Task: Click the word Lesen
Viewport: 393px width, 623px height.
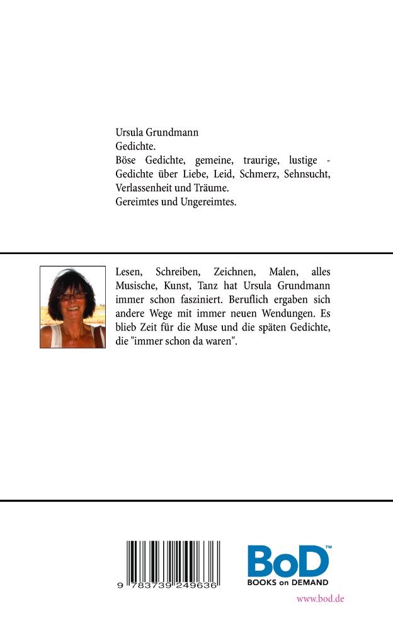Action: [x=130, y=272]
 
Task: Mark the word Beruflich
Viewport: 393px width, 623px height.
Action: [x=249, y=300]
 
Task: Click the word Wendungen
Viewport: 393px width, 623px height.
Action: [x=288, y=313]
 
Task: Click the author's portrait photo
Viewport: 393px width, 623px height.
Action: [x=72, y=306]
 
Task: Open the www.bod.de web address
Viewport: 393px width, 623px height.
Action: [x=320, y=598]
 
